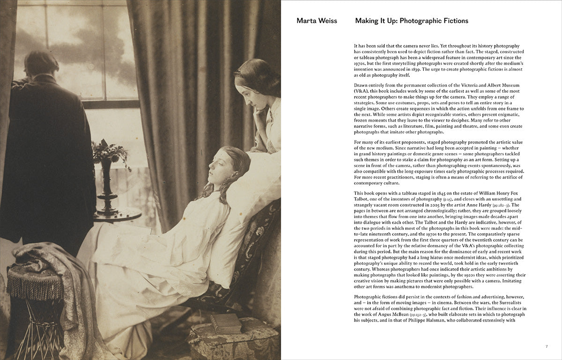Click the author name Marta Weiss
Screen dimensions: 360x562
(317, 21)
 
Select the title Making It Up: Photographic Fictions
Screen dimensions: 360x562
(412, 21)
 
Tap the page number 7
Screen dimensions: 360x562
(546, 346)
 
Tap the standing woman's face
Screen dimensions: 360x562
(251, 91)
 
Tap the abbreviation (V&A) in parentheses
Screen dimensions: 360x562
(363, 91)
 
